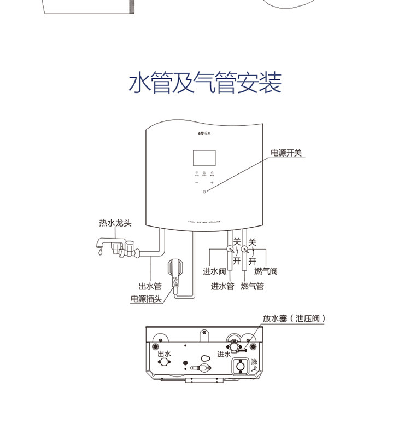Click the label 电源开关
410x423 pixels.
[x=286, y=153]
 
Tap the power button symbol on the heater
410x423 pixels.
[x=204, y=192]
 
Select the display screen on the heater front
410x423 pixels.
[x=204, y=159]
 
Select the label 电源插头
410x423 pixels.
[x=146, y=299]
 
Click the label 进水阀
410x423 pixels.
[x=214, y=271]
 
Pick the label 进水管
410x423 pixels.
[x=222, y=286]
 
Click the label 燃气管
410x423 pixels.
[x=252, y=286]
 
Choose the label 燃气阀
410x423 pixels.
[x=266, y=271]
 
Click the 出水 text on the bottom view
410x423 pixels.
[x=163, y=354]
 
